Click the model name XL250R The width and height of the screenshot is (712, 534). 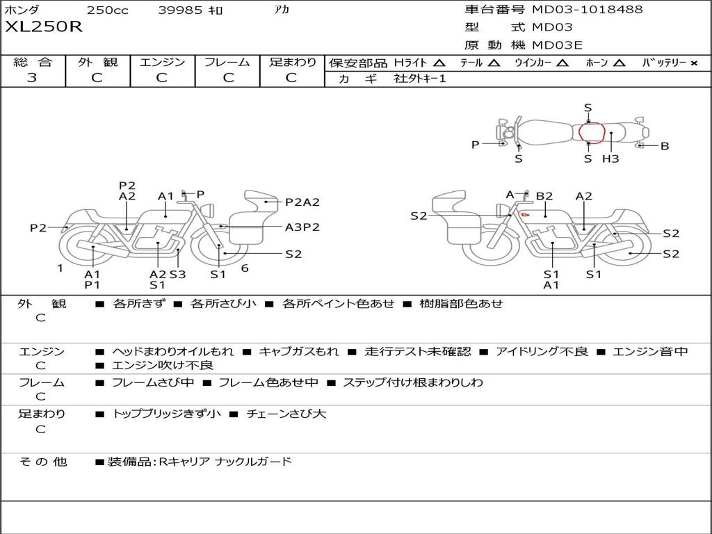click(x=44, y=28)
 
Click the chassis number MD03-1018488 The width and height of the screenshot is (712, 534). click(x=587, y=10)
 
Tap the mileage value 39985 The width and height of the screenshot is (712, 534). click(x=180, y=10)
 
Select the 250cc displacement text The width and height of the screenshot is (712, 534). click(x=107, y=10)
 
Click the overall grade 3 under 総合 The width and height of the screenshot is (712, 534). click(x=32, y=78)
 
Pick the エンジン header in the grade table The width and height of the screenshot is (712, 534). click(x=162, y=62)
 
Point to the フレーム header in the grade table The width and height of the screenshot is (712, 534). click(x=227, y=62)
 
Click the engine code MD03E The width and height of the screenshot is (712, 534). click(x=558, y=46)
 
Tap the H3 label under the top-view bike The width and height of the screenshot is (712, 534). click(x=610, y=159)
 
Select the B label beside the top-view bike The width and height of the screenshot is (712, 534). click(x=665, y=146)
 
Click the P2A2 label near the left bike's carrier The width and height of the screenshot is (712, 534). click(x=302, y=202)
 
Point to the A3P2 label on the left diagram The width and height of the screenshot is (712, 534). click(x=302, y=227)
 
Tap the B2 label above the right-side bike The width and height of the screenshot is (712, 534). click(x=544, y=196)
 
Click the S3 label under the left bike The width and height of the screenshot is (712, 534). click(x=178, y=274)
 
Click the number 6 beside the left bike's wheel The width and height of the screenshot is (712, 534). click(x=245, y=268)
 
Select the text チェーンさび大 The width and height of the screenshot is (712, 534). click(x=286, y=414)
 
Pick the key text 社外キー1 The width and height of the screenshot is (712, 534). click(x=420, y=79)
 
